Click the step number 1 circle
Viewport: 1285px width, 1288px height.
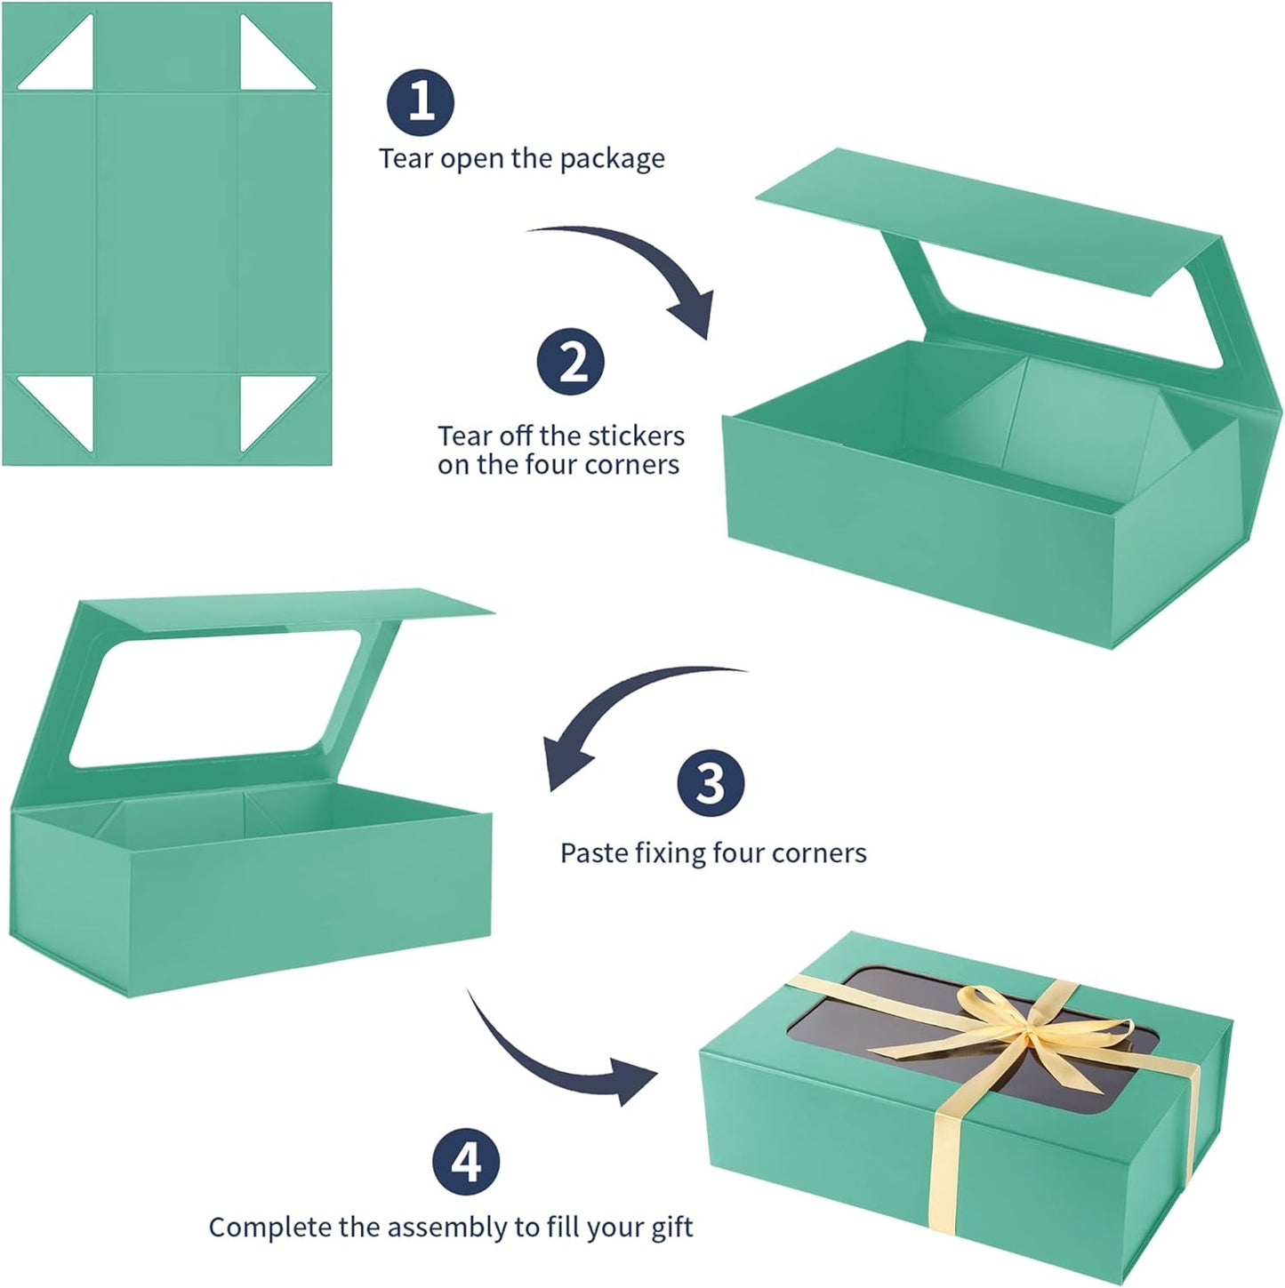pyautogui.click(x=421, y=102)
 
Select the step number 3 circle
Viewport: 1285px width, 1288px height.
pyautogui.click(x=710, y=783)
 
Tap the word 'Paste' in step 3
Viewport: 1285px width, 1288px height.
pyautogui.click(x=592, y=853)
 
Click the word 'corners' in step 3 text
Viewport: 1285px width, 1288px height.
pyautogui.click(x=819, y=853)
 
